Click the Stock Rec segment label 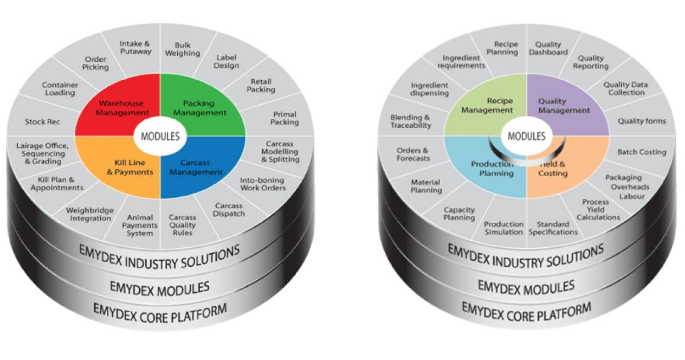click(x=42, y=122)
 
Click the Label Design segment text click(x=227, y=61)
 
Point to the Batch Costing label click(x=641, y=152)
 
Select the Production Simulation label click(x=503, y=228)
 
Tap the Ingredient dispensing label click(x=429, y=89)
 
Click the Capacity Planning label click(x=459, y=214)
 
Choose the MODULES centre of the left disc click(x=160, y=136)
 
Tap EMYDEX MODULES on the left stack click(x=159, y=287)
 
